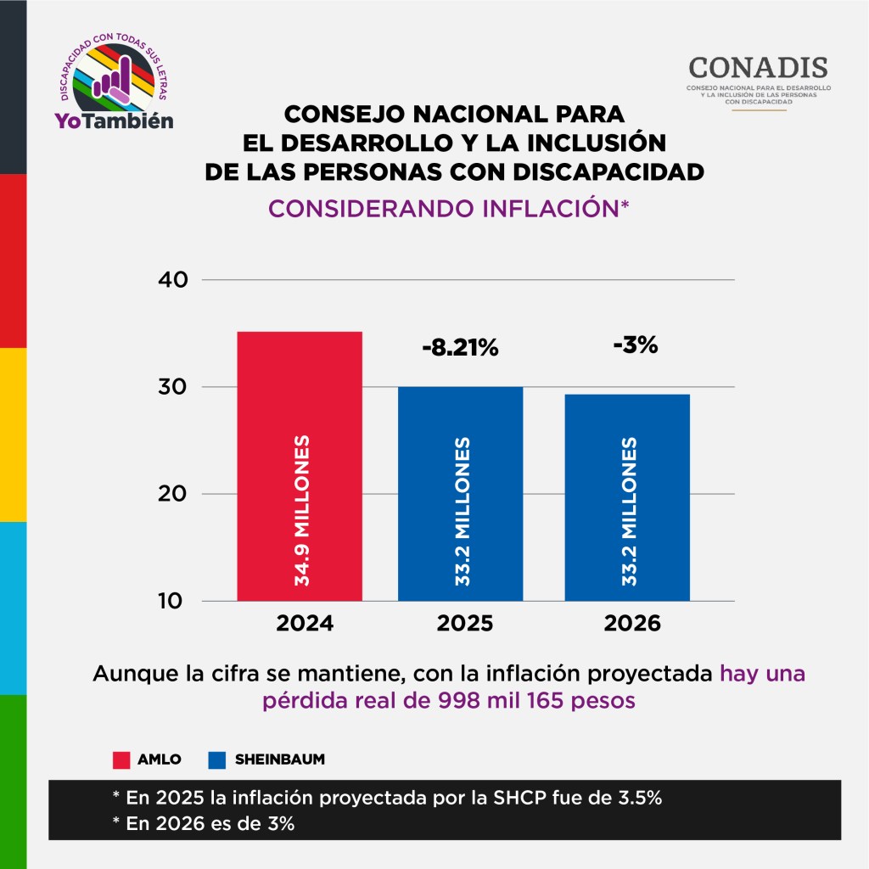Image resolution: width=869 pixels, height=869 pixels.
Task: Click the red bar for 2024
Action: [299, 382]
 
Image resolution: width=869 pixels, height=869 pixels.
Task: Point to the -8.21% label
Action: [460, 348]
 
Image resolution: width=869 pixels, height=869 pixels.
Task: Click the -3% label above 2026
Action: [635, 345]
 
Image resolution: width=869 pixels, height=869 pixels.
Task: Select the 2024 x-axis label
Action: [305, 625]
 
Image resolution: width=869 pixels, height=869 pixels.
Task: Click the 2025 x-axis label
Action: [464, 625]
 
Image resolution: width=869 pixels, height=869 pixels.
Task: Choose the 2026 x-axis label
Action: [631, 625]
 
